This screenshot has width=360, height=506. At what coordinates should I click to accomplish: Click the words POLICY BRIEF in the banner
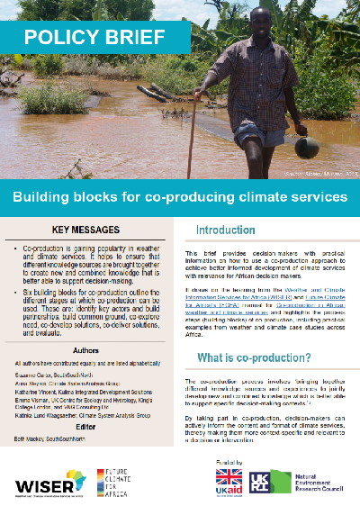[94, 39]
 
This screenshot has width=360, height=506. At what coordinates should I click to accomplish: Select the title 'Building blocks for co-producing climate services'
[179, 196]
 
